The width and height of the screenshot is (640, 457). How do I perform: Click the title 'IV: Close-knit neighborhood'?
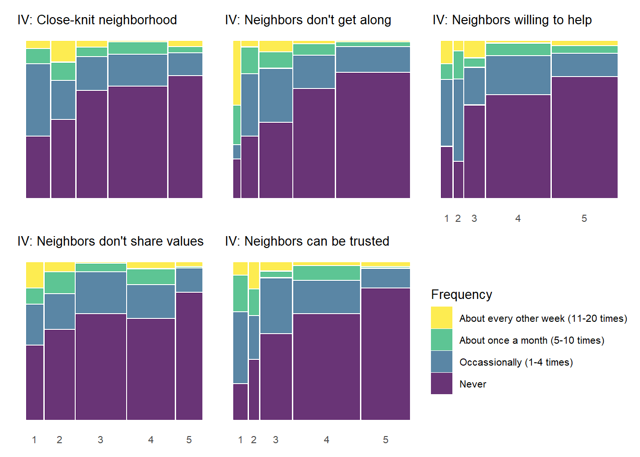(97, 20)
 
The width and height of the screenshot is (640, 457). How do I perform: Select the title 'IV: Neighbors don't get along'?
(308, 20)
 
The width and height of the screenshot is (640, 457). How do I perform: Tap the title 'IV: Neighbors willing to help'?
(512, 20)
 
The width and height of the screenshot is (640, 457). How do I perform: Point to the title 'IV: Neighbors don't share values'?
(110, 241)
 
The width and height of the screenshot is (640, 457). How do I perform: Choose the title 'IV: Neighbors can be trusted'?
(307, 241)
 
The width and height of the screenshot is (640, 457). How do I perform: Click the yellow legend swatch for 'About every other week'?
(441, 318)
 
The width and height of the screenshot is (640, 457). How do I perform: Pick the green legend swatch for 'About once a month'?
(441, 340)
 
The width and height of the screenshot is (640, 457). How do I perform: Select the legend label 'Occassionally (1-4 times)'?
(516, 362)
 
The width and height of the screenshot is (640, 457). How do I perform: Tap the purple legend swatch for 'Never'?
(441, 384)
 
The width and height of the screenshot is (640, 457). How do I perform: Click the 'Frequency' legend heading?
(461, 295)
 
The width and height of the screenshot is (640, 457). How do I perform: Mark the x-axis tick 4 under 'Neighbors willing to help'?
(518, 219)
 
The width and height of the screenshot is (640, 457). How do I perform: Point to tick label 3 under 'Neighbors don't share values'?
(100, 440)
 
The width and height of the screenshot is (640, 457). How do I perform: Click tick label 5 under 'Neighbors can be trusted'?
(386, 440)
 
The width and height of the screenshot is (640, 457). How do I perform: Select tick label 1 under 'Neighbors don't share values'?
(34, 440)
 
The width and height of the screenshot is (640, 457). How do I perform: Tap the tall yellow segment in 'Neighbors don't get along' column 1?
(237, 73)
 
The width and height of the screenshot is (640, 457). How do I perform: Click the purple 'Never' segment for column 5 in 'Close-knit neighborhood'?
(185, 137)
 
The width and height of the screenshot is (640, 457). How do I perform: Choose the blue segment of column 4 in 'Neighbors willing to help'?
(518, 75)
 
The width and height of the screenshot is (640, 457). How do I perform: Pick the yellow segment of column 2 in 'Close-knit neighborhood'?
(63, 51)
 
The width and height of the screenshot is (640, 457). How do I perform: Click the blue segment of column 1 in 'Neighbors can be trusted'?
(240, 348)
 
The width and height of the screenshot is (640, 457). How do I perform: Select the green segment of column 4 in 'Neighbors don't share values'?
(151, 277)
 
